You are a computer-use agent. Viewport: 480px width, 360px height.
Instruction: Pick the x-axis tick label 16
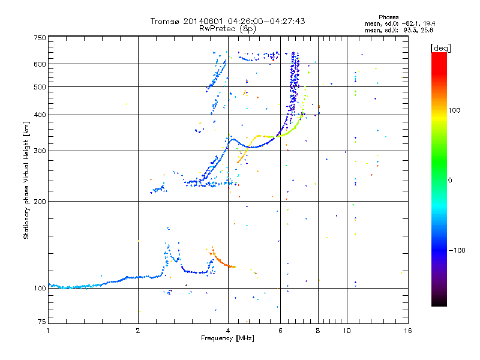(406, 331)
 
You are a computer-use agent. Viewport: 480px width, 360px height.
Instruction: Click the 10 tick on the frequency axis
(346, 331)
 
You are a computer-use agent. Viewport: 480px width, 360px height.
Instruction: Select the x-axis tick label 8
(318, 331)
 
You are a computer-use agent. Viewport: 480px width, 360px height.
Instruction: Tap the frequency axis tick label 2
(138, 331)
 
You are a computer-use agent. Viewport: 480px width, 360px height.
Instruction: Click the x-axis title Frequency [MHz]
(227, 338)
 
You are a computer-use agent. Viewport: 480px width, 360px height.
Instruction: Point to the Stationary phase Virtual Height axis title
(26, 180)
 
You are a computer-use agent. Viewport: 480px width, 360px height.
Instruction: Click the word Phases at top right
(389, 17)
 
